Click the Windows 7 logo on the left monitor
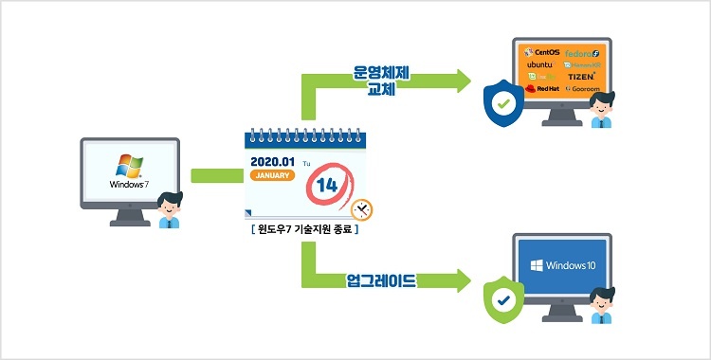(x=129, y=170)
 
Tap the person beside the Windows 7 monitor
(x=169, y=208)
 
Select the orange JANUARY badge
(x=272, y=176)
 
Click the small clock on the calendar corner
(x=360, y=209)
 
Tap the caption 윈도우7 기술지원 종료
(x=304, y=230)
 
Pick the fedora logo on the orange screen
(x=581, y=53)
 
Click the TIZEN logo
(x=581, y=76)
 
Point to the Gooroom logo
(x=581, y=88)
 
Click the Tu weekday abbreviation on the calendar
(x=306, y=163)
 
